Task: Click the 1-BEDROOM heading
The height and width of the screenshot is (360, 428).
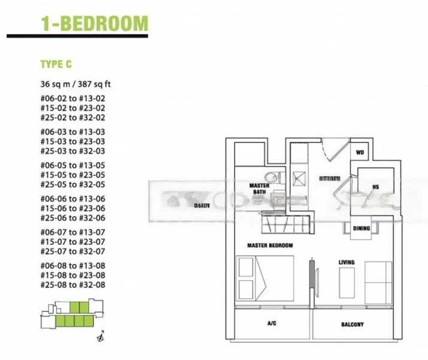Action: point(94,23)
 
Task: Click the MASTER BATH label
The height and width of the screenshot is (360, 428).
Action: point(259,188)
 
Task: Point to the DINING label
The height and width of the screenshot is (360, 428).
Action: point(361,228)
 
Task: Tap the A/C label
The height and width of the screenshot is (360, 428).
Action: point(271,323)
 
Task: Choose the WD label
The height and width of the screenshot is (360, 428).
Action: point(360,152)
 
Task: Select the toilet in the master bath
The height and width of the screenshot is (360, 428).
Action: point(272,176)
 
